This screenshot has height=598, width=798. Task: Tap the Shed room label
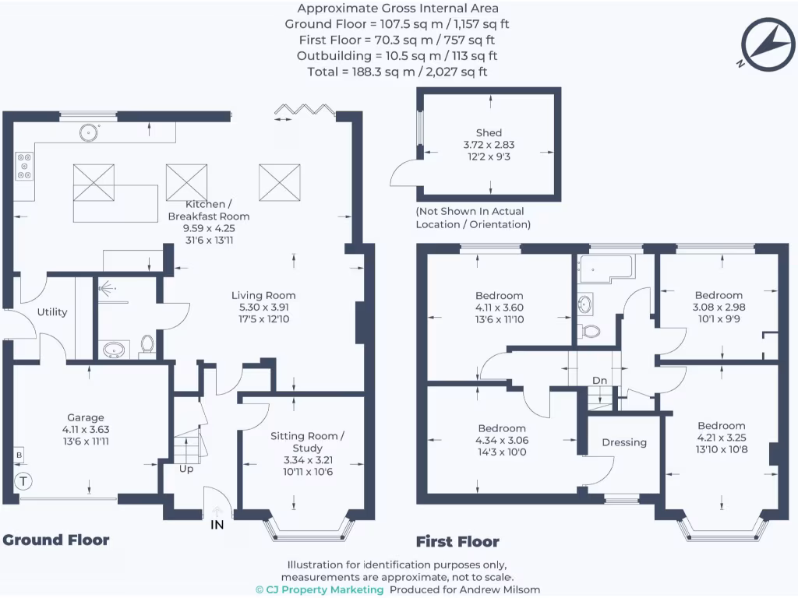click(489, 132)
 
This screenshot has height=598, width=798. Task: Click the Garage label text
click(85, 417)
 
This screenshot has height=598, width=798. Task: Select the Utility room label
click(52, 312)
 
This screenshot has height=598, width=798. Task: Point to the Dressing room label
click(624, 442)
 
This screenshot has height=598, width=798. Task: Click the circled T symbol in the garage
click(23, 480)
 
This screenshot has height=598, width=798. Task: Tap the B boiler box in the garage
click(18, 454)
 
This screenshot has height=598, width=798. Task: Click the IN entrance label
click(217, 525)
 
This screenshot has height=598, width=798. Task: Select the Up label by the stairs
click(186, 469)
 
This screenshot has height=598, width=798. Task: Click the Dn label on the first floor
click(599, 380)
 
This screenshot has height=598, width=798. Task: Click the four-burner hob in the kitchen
click(24, 165)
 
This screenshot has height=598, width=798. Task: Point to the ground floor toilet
click(147, 343)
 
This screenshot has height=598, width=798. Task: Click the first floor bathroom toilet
click(591, 330)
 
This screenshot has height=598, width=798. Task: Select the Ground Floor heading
click(56, 540)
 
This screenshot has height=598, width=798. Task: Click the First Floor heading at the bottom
click(457, 542)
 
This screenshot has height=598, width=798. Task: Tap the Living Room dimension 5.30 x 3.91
click(263, 308)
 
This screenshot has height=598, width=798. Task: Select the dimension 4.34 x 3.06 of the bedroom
click(502, 440)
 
